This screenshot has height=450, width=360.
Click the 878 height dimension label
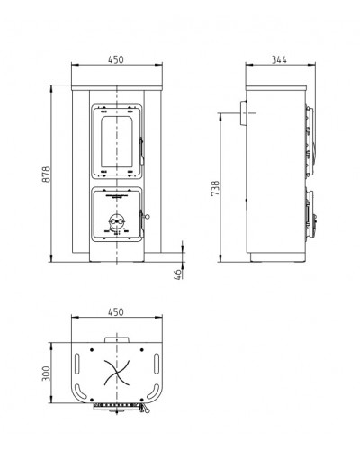click(x=46, y=175)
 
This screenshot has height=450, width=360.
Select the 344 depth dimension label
click(x=279, y=59)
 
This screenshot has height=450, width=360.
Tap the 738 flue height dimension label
click(x=215, y=188)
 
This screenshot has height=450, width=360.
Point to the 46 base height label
click(x=178, y=274)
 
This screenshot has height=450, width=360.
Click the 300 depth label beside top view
click(x=46, y=373)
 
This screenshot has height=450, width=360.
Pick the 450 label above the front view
click(x=115, y=59)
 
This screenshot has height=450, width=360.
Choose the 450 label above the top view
click(x=115, y=312)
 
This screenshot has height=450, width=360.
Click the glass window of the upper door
click(x=117, y=141)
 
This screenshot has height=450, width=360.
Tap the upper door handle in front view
click(x=141, y=151)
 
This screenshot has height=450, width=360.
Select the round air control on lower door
click(x=116, y=221)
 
